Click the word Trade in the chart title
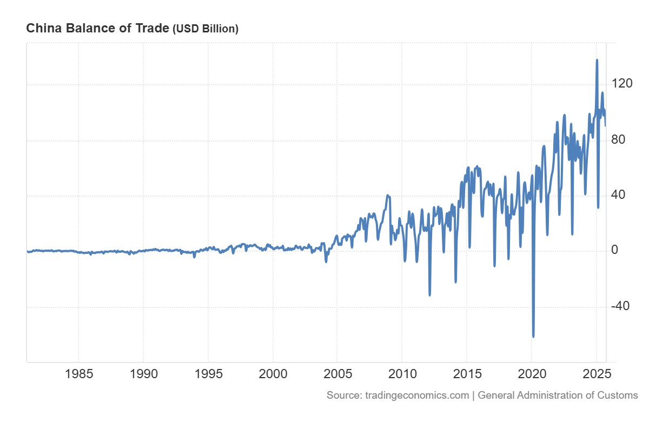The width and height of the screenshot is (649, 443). pyautogui.click(x=152, y=28)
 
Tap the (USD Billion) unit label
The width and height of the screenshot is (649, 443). pyautogui.click(x=206, y=29)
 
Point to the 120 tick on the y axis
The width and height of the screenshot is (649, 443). pyautogui.click(x=622, y=83)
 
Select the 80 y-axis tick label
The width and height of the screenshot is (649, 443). pyautogui.click(x=618, y=139)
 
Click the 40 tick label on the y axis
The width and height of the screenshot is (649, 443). pyautogui.click(x=618, y=194)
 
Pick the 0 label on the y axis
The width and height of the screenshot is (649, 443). pyautogui.click(x=614, y=250)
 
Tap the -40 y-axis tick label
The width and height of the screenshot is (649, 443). pyautogui.click(x=620, y=306)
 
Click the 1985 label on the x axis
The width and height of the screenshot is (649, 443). pyautogui.click(x=79, y=374)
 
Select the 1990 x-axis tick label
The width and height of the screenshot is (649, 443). pyautogui.click(x=143, y=374)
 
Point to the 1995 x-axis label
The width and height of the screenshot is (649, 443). pyautogui.click(x=208, y=374)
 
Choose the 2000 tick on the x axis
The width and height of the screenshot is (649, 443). pyautogui.click(x=273, y=374)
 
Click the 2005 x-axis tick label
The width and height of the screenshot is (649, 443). pyautogui.click(x=337, y=374)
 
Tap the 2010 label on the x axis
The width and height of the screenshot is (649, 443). pyautogui.click(x=402, y=374)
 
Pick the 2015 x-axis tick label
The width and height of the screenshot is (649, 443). pyautogui.click(x=467, y=374)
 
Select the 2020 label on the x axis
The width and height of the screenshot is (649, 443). pyautogui.click(x=532, y=374)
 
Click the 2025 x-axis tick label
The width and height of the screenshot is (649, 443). pyautogui.click(x=597, y=374)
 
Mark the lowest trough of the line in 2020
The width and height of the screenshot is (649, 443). pyautogui.click(x=533, y=337)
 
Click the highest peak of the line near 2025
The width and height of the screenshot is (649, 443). pyautogui.click(x=597, y=60)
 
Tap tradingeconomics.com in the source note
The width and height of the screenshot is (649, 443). pyautogui.click(x=417, y=395)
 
